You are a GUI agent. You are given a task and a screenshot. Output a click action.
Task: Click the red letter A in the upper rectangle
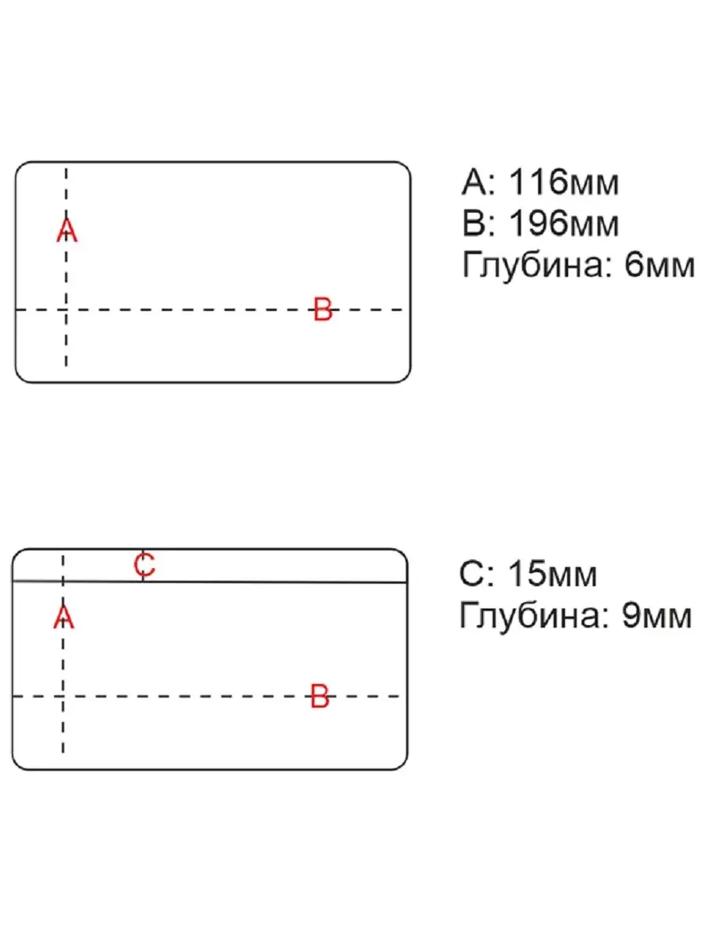point(67,231)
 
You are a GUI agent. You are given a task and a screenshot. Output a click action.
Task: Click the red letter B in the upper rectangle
point(323,309)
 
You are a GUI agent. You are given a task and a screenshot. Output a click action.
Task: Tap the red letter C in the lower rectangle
point(144,565)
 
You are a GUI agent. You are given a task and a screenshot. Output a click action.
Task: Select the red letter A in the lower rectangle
point(63,617)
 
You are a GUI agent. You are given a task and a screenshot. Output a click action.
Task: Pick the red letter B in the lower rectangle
point(320,696)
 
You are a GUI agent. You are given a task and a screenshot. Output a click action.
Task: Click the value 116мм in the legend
point(563,182)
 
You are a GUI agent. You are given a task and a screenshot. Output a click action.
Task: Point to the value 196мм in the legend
point(563,224)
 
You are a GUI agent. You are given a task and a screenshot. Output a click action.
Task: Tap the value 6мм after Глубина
point(659,265)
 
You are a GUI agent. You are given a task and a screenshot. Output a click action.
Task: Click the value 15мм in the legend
point(552,574)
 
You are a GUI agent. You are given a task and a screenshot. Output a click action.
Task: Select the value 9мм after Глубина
point(657,616)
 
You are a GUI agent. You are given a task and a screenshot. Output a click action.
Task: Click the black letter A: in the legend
point(478,182)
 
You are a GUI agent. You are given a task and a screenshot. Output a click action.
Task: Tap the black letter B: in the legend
point(479,224)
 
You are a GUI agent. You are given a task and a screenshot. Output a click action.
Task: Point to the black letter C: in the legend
point(477,574)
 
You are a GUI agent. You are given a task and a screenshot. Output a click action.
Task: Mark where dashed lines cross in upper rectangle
point(66,309)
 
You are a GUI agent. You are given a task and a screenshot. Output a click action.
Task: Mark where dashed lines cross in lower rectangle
point(63,696)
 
